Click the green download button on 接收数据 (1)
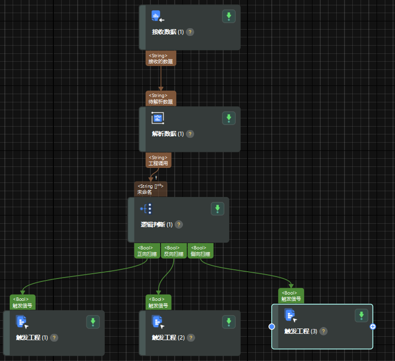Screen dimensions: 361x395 click(x=229, y=16)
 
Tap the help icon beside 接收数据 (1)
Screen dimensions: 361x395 click(x=190, y=32)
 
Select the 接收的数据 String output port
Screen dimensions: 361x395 click(x=161, y=59)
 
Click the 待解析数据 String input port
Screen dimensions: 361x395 click(x=161, y=98)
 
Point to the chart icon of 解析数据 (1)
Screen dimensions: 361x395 click(x=158, y=118)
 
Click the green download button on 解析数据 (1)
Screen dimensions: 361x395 click(x=229, y=118)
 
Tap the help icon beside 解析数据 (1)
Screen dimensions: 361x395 click(x=190, y=134)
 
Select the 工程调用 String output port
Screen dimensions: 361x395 click(x=158, y=161)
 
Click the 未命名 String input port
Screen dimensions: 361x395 click(x=150, y=189)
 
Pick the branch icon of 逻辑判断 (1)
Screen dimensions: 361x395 click(x=146, y=209)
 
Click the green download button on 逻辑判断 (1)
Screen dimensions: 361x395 click(x=217, y=209)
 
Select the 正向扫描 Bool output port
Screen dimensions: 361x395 click(x=147, y=251)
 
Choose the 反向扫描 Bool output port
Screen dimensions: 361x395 click(x=174, y=251)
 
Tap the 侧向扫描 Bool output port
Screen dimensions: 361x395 click(x=200, y=251)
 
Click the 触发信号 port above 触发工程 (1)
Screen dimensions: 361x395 click(x=22, y=302)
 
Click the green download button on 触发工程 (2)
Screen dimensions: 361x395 click(x=229, y=321)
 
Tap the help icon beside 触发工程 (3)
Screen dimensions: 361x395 click(x=323, y=331)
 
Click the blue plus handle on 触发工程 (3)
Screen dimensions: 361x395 click(x=373, y=327)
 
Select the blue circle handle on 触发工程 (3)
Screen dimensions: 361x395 click(x=272, y=327)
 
